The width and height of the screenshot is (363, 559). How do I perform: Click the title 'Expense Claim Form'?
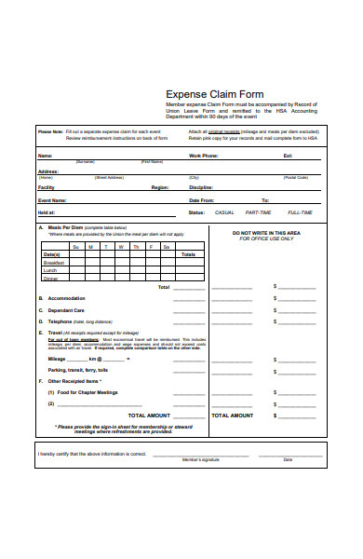tap(214, 94)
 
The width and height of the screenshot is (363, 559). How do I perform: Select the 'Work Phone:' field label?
tap(205, 156)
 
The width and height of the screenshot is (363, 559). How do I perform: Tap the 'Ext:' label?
tap(288, 156)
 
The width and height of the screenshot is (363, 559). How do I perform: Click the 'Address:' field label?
tap(48, 171)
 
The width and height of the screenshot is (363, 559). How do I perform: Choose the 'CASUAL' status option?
tap(225, 212)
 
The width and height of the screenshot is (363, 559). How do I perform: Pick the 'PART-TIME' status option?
tap(260, 212)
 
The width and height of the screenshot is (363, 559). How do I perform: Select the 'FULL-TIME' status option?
tap(301, 212)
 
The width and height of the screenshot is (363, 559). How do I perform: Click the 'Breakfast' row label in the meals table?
tap(54, 263)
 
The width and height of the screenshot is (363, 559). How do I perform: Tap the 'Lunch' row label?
tap(51, 270)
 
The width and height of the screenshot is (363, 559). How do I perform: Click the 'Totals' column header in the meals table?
tap(189, 253)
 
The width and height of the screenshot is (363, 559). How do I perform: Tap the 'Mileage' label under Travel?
tap(57, 359)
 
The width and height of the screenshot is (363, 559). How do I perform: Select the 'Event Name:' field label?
tap(52, 200)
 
